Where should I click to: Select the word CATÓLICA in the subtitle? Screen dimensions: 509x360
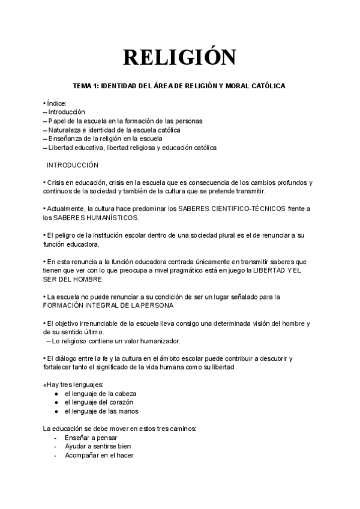pyautogui.click(x=267, y=86)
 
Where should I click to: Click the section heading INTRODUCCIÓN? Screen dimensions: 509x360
pyautogui.click(x=73, y=165)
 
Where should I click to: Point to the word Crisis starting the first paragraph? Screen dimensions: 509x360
pyautogui.click(x=56, y=182)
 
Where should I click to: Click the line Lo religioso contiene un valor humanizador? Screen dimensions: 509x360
pyautogui.click(x=116, y=341)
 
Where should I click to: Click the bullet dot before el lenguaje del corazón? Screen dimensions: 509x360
pyautogui.click(x=56, y=402)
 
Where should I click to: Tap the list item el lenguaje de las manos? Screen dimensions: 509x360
pyautogui.click(x=101, y=411)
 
